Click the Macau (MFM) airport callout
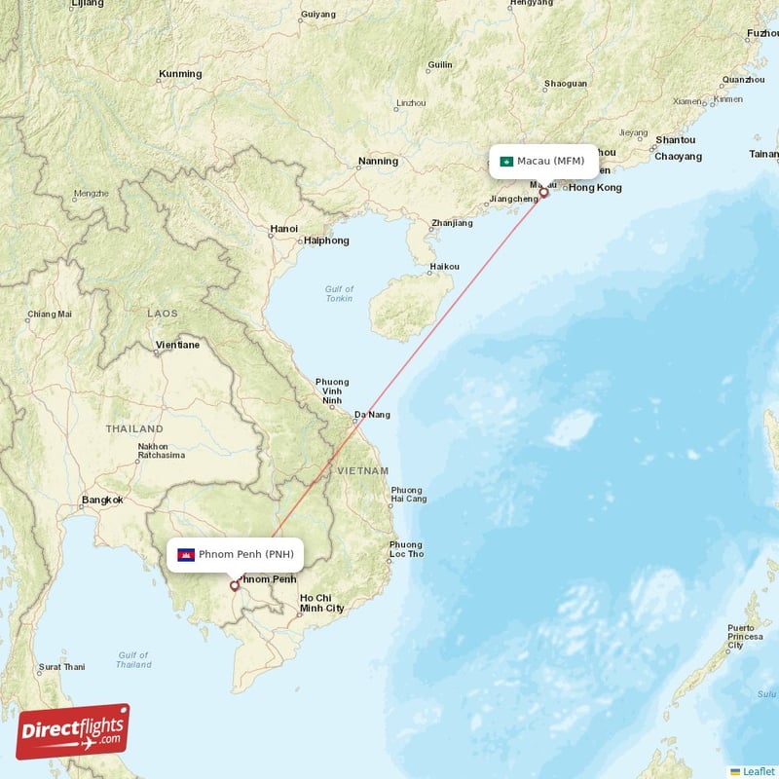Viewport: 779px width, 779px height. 543,161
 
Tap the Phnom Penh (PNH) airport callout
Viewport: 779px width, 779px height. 236,554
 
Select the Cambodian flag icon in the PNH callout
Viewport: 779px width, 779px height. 184,555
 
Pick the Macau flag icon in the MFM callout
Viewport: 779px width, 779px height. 506,161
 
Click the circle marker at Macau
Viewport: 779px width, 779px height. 543,193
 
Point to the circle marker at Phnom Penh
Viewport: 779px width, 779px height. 234,585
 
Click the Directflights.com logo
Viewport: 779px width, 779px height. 73,731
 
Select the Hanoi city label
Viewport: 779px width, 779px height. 284,229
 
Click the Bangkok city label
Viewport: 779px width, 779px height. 102,500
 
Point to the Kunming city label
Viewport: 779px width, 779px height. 180,74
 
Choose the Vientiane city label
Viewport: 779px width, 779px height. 177,345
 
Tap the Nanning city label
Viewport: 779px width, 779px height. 378,161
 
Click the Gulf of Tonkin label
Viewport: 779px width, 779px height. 340,293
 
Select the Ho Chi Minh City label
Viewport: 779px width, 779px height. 321,603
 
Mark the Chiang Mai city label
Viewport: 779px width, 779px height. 50,314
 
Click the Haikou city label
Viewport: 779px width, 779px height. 444,266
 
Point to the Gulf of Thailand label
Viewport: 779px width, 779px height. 133,660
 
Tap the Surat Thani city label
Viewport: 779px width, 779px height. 61,667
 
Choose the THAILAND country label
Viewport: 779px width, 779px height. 134,428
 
